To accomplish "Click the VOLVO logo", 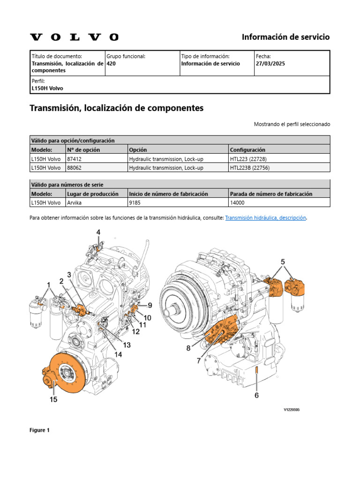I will point(74,37).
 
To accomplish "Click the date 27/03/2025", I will point(270,64).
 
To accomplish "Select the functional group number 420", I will point(111,64).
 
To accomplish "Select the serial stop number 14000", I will point(237,202).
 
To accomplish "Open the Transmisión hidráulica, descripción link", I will point(265,217).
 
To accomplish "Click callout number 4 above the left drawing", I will point(98,232).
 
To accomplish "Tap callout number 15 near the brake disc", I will point(53,399).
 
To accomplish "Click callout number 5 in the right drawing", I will point(283,262).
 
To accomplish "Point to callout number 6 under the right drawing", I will point(256,395).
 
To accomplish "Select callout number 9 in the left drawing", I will point(150,305).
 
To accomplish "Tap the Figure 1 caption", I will point(39,430).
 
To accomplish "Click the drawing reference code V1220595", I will point(291,410).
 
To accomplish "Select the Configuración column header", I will point(247,150).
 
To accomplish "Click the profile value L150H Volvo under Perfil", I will point(47,88).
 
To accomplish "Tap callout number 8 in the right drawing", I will point(188,348).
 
